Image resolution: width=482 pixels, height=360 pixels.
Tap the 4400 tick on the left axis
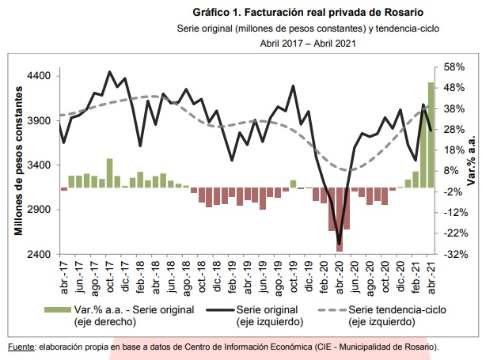tap(39, 76)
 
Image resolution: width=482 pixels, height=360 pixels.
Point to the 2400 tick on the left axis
tap(39, 255)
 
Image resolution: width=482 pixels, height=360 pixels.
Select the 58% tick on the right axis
tap(454, 66)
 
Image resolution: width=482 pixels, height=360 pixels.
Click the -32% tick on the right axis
tap(454, 255)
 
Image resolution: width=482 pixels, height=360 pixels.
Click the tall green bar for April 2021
tap(431, 135)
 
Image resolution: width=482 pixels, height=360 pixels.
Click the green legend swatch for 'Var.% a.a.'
tap(57, 309)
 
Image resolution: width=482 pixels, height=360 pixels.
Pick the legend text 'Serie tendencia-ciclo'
tap(389, 309)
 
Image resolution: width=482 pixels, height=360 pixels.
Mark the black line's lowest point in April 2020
tap(340, 244)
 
